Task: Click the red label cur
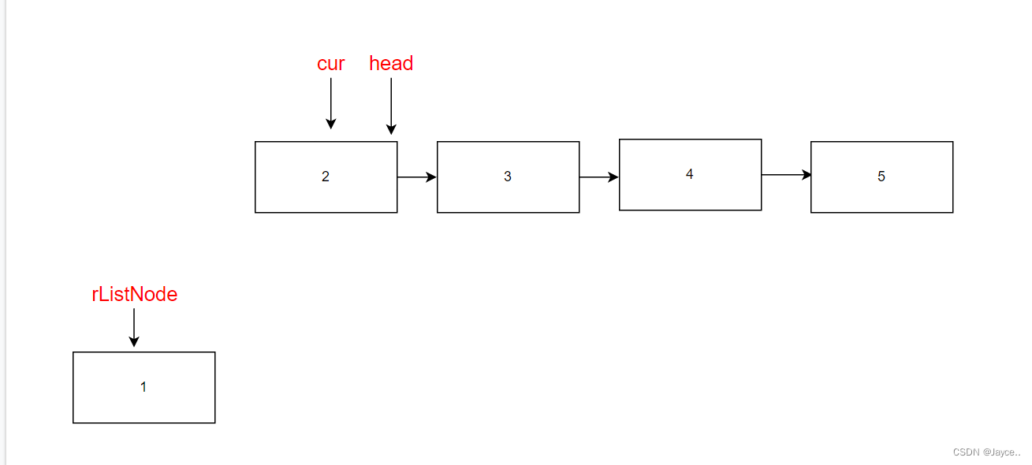tap(331, 64)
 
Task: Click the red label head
tap(391, 63)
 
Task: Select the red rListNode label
tap(135, 295)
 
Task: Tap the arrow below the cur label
tap(331, 103)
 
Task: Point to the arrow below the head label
tap(391, 106)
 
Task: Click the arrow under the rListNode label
tap(134, 327)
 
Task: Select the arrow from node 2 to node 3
tap(417, 177)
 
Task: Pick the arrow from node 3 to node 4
tap(599, 177)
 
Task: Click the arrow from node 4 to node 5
tap(786, 175)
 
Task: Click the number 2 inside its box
tap(326, 177)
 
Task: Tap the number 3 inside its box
tap(508, 177)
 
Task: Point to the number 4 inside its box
tap(690, 174)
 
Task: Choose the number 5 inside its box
tap(881, 177)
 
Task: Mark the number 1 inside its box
tap(143, 387)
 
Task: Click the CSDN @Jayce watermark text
tap(986, 452)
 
